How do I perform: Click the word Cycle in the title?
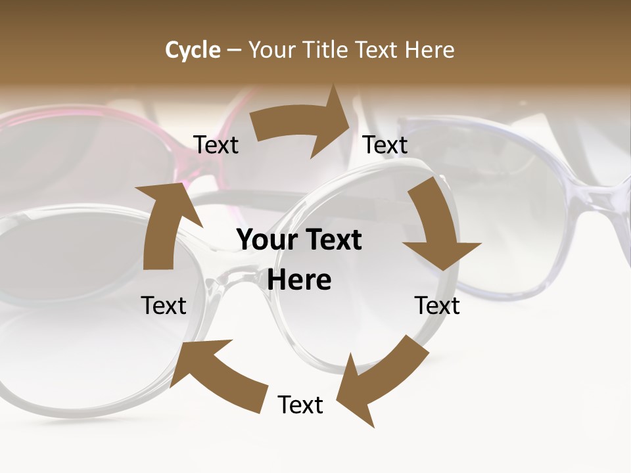coord(193,50)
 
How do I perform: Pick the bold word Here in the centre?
coord(299,280)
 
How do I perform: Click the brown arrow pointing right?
coord(302,125)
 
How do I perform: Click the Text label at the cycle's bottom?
coord(300,405)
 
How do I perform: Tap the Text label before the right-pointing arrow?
coord(216,145)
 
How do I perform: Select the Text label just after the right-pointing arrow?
coord(385,145)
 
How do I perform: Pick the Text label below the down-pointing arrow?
coord(437,305)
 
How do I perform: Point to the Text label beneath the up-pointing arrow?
coord(164,305)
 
